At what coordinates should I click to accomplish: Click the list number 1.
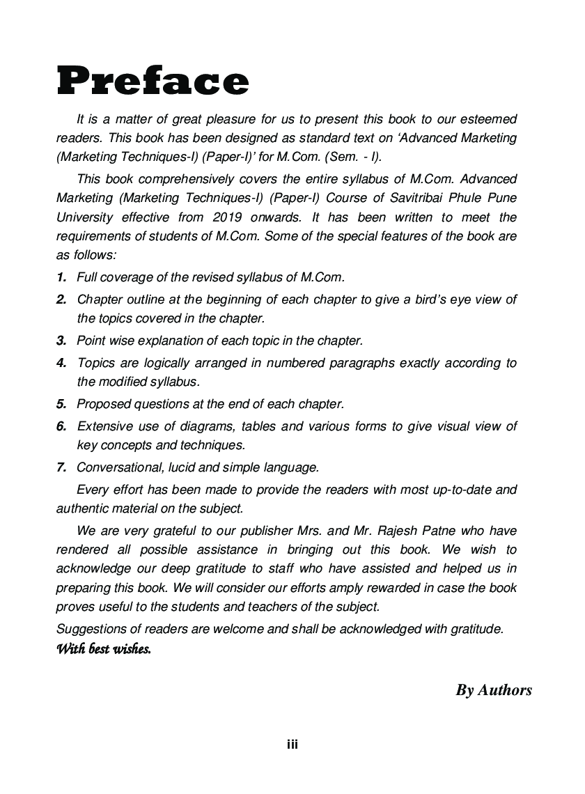62,277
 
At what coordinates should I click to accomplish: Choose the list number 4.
62,363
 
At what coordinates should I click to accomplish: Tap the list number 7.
62,467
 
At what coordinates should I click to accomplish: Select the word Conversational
120,467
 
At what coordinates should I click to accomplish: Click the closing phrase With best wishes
103,650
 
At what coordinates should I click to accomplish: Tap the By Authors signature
493,690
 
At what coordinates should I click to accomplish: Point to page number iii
292,745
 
